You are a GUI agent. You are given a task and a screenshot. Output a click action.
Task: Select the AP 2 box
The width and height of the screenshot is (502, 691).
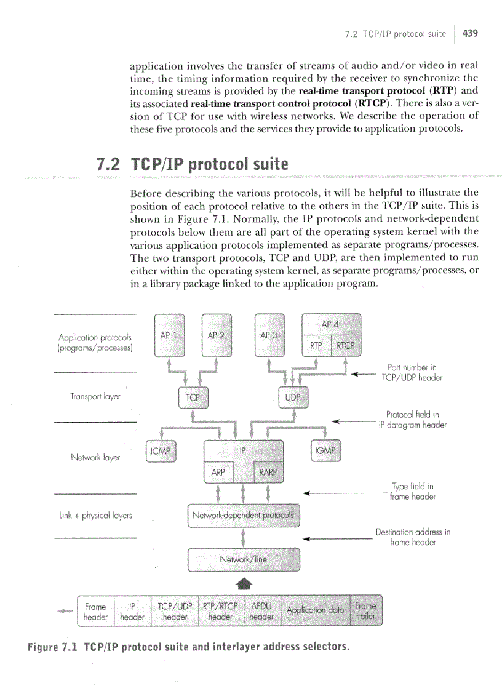pos(217,336)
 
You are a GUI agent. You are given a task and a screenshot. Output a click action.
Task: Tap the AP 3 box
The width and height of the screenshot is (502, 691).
pos(269,336)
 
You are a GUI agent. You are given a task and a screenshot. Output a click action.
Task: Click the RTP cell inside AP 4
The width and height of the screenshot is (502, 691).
pos(316,346)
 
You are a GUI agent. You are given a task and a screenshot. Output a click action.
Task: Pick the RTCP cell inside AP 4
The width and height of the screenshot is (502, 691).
pos(346,346)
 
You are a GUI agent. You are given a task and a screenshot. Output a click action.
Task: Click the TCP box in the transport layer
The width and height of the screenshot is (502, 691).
pos(193,398)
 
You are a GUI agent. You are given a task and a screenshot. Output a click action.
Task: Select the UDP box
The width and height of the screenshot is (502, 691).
pos(293,398)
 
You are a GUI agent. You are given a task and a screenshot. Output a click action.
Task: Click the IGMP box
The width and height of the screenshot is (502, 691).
pos(325,452)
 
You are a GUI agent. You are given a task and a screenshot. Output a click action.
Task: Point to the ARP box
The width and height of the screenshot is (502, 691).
pos(218,473)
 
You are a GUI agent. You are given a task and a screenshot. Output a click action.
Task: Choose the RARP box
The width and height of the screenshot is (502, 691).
pos(268,473)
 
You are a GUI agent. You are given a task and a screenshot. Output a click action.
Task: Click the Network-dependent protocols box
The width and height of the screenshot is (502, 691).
pos(243,516)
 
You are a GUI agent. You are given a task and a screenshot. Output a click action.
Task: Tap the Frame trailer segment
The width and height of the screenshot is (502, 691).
pos(365,610)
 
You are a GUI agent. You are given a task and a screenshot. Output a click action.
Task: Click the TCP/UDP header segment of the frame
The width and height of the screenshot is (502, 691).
pos(175,610)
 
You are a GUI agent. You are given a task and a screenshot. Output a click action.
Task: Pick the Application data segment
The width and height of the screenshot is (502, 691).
pos(315,610)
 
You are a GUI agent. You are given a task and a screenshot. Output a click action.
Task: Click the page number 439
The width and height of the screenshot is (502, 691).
pos(470,33)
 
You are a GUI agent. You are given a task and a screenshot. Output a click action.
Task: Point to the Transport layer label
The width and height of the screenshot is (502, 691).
pos(95,397)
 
